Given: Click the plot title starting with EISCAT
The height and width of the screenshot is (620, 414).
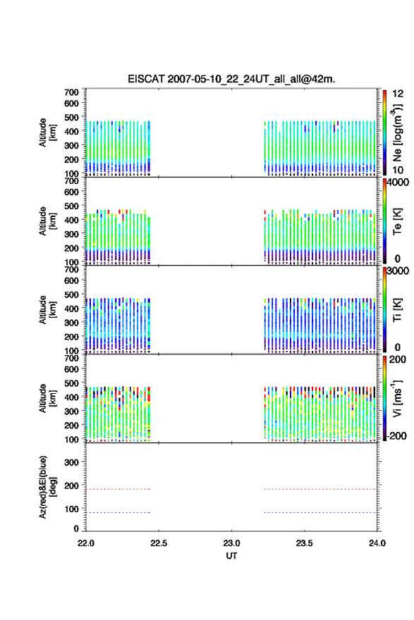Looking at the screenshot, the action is [x=231, y=79].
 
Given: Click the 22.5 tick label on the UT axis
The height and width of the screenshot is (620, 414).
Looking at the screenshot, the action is [x=159, y=543].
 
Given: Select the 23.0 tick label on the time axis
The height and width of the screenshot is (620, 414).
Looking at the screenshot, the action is [x=231, y=543].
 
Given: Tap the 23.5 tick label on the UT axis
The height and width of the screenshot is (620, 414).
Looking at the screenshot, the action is [x=305, y=543].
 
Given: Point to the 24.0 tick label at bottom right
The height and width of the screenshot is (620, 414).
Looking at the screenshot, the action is [x=377, y=543].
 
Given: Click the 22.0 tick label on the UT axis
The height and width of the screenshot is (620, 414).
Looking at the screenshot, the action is [x=86, y=543].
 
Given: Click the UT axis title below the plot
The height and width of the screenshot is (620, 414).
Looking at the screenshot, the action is [x=231, y=556].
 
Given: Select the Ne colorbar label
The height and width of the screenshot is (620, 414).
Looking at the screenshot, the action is [x=397, y=132].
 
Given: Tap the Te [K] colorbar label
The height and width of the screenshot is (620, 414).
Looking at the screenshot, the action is [x=397, y=221].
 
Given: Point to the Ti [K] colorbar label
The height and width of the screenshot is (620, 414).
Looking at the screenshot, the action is [x=397, y=310].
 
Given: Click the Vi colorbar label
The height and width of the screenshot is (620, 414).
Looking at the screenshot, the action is [x=397, y=398].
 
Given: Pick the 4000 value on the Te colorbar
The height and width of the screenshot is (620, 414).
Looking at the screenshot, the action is [x=398, y=182].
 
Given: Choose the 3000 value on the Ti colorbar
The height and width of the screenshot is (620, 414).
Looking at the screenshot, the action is [x=398, y=271].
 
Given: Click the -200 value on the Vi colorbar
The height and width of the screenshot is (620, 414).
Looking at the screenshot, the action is [x=396, y=435].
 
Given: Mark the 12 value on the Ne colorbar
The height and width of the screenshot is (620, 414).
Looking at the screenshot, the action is [x=398, y=94].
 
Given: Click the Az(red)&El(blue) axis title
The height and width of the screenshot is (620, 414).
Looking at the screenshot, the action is [x=47, y=487].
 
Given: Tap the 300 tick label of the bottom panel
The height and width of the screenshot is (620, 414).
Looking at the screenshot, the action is [x=71, y=462].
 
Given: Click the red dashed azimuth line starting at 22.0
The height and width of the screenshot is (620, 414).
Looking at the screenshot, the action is [x=118, y=489].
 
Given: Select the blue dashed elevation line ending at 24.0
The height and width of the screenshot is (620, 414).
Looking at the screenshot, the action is [x=319, y=512].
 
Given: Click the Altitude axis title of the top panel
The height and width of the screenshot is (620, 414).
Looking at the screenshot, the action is [x=47, y=132].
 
